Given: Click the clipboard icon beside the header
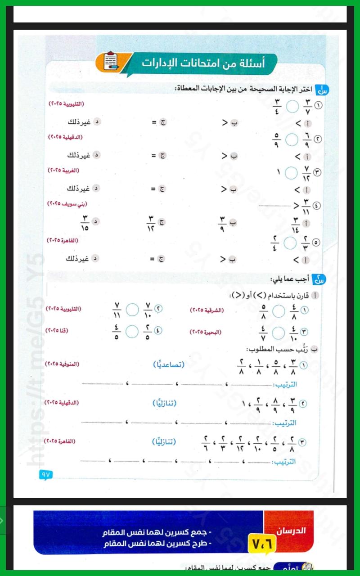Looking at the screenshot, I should pyautogui.click(x=110, y=62).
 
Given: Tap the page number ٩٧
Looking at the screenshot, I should pyautogui.click(x=46, y=474).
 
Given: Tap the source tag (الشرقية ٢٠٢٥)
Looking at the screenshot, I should pyautogui.click(x=207, y=310).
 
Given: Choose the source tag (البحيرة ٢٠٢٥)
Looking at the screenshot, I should pyautogui.click(x=206, y=332).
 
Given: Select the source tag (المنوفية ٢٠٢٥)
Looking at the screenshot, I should pyautogui.click(x=63, y=363).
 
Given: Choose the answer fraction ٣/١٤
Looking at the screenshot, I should pyautogui.click(x=296, y=224).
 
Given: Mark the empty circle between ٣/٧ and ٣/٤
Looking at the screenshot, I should pyautogui.click(x=292, y=107).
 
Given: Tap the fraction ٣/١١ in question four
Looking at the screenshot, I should pyautogui.click(x=306, y=206).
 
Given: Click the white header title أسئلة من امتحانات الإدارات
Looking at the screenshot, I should pyautogui.click(x=203, y=63).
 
